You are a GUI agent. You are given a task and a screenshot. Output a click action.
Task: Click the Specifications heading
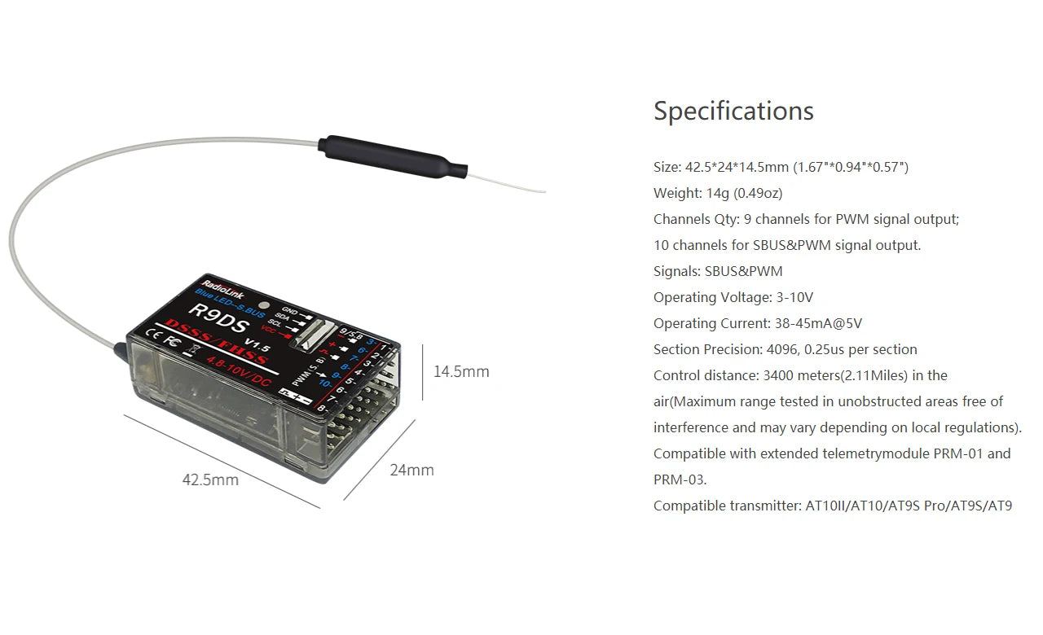[x=733, y=111]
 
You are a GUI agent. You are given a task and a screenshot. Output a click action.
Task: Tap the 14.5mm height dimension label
[x=461, y=372]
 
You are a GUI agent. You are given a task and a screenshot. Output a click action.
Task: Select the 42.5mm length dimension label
[x=210, y=480]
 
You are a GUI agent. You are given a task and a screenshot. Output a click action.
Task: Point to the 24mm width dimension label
[x=411, y=470]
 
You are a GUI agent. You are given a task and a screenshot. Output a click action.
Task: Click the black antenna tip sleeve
[x=391, y=156]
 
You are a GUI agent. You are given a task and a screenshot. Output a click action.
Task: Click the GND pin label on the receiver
[x=289, y=309]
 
